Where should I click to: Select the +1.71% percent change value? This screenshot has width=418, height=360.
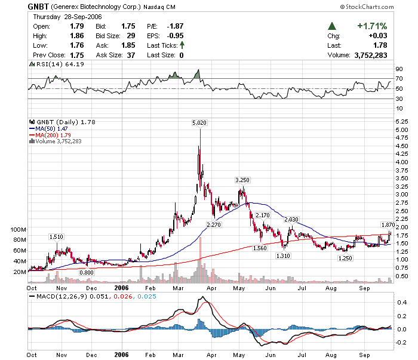[372, 26]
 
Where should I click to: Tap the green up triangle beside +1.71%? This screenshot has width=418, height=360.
[331, 26]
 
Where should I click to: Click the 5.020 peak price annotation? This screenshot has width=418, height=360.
[199, 122]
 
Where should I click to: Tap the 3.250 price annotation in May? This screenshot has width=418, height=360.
[242, 180]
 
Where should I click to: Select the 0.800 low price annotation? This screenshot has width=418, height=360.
[87, 272]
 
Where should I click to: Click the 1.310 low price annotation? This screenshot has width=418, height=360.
[283, 256]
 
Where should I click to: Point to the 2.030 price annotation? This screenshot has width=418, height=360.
[291, 220]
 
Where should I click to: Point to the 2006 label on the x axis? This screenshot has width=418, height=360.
[122, 287]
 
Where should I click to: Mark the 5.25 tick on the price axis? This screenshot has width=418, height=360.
[401, 121]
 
